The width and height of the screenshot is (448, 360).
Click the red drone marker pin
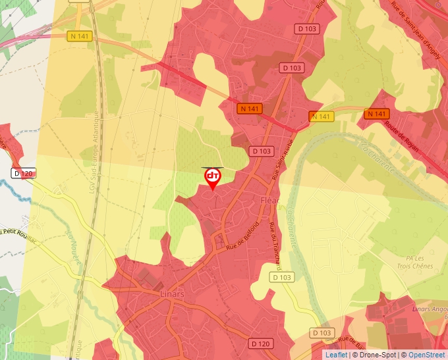212,178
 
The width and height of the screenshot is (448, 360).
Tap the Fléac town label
270,199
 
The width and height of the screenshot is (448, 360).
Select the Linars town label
172,294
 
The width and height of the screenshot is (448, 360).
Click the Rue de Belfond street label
242,238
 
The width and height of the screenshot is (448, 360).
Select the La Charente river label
378,156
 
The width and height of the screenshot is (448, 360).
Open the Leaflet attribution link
336,355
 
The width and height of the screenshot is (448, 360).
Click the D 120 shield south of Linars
262,344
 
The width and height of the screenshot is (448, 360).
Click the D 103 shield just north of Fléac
262,151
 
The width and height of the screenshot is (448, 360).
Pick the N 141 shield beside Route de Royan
376,114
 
